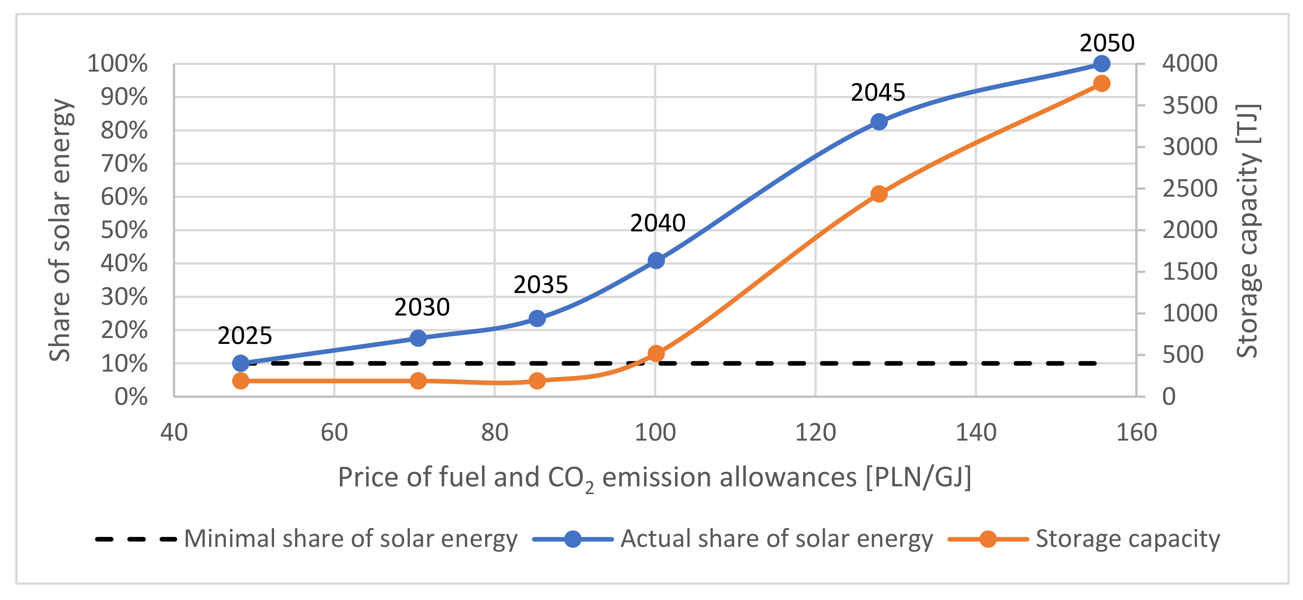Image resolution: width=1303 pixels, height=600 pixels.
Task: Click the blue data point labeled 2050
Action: (1101, 64)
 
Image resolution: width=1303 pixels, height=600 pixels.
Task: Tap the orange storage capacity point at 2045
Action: (879, 194)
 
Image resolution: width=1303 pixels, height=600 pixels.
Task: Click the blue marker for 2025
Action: (241, 363)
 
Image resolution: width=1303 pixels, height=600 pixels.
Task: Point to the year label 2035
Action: (540, 285)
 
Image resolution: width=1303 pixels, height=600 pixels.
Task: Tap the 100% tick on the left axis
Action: (117, 64)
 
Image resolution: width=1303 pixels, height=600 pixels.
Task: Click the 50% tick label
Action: (124, 230)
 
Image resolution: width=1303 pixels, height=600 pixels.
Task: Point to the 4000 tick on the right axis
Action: (1189, 64)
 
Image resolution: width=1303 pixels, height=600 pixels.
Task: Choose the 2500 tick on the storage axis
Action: (1189, 189)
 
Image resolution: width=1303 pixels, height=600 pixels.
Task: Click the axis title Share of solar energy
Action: (60, 230)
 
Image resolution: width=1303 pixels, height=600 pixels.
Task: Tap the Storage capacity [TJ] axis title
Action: (1247, 230)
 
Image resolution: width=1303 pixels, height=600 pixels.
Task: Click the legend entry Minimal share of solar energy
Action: (350, 539)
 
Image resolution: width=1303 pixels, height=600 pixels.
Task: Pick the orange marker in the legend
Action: (987, 539)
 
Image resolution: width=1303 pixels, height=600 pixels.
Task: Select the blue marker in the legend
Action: (573, 539)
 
